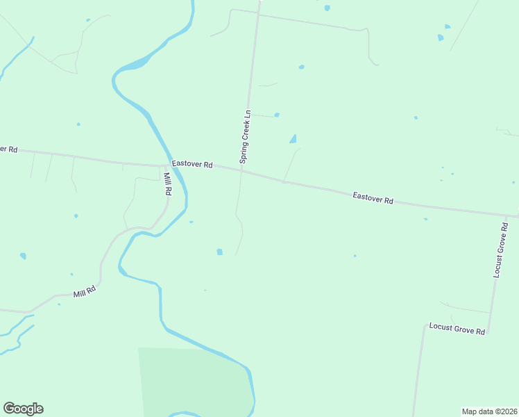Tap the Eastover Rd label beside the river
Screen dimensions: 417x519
tap(192, 165)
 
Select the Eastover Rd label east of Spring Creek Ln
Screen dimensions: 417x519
tap(373, 198)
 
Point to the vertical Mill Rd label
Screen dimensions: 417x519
tap(167, 183)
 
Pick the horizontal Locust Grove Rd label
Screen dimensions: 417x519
tap(457, 328)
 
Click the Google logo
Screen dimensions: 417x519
tap(23, 409)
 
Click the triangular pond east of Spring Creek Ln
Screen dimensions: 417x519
tap(293, 139)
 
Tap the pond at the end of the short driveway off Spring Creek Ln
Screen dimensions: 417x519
tap(277, 115)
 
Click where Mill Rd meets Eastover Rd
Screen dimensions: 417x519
tap(163, 166)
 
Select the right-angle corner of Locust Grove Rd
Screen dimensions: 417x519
tap(488, 333)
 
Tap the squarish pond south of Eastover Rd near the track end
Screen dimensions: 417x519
tap(220, 252)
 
